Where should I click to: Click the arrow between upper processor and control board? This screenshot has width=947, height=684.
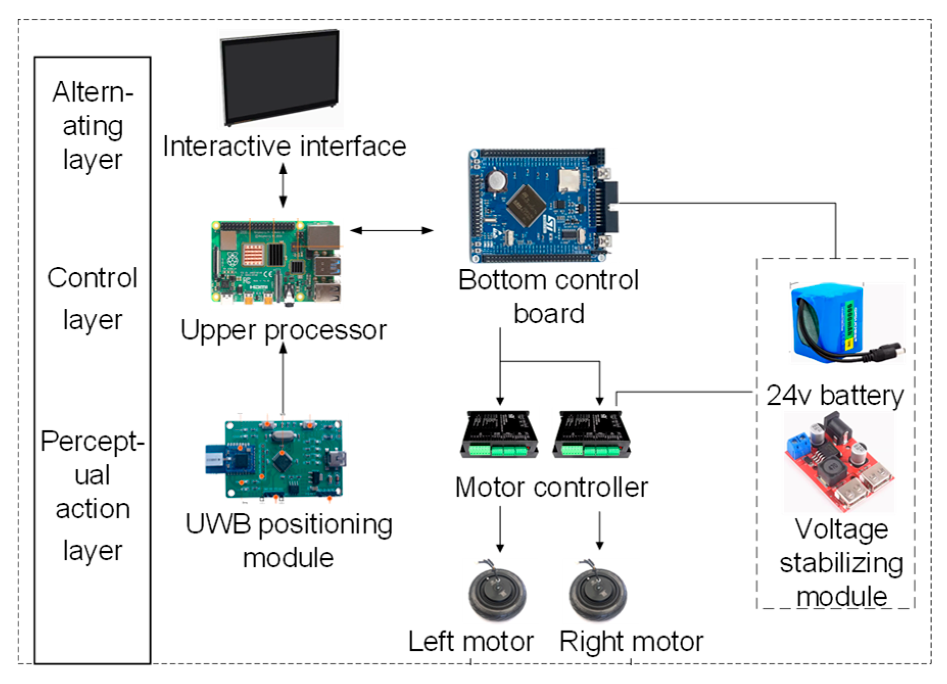[392, 231]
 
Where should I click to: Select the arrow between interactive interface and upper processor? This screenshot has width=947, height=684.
[283, 185]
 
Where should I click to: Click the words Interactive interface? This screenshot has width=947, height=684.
[284, 146]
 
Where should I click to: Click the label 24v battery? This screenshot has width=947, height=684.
[835, 396]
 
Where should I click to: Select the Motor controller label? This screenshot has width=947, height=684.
[551, 487]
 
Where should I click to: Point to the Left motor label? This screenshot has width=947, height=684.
[471, 642]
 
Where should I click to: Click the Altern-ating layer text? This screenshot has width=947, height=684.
[92, 126]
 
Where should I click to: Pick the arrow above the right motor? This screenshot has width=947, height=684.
[600, 531]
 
